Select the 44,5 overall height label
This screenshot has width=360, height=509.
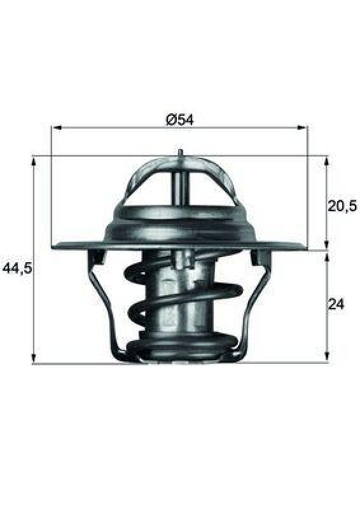17,268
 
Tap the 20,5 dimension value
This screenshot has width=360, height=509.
342,206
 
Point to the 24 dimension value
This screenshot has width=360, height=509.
336,305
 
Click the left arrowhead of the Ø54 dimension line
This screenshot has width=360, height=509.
55,128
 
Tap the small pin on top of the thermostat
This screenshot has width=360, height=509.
181,153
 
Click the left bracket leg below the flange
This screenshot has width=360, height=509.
102,299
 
